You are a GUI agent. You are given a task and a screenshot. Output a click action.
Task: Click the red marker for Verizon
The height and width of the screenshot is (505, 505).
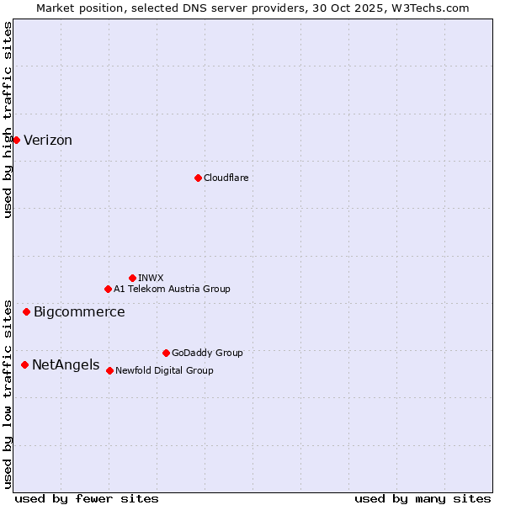(x=16, y=140)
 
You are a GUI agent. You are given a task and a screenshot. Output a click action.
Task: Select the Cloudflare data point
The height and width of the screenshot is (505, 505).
(x=198, y=178)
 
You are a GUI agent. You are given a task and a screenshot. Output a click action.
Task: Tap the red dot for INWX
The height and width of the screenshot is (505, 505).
(x=132, y=278)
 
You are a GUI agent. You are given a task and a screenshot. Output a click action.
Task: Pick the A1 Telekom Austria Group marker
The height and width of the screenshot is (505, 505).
(x=108, y=289)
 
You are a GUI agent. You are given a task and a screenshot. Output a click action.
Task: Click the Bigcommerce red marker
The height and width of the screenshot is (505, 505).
(x=26, y=312)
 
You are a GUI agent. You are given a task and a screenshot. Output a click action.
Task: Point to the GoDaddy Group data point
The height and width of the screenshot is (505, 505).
(x=166, y=353)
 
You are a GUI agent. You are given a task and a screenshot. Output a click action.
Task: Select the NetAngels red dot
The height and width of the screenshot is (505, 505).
(x=24, y=364)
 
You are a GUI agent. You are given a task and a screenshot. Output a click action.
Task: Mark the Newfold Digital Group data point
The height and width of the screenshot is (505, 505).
(x=109, y=370)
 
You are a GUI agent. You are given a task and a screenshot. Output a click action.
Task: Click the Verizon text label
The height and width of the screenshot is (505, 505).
(x=48, y=141)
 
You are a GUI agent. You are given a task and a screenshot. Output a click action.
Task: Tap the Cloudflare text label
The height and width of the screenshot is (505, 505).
(x=226, y=178)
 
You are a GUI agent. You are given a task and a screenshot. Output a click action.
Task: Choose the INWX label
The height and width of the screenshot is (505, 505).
(x=151, y=278)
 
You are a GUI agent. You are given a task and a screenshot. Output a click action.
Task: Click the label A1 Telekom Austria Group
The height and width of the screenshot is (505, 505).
(x=172, y=289)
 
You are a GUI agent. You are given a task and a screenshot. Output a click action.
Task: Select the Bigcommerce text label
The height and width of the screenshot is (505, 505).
(x=79, y=312)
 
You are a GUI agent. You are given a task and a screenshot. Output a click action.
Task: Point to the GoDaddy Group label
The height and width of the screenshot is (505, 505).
(x=207, y=353)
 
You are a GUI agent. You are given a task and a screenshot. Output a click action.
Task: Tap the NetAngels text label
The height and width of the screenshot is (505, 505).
(x=66, y=365)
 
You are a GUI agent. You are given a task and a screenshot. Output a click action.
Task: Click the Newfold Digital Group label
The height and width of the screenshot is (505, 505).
(x=164, y=370)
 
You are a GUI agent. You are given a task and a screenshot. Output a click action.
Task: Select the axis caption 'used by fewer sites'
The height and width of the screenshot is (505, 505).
(x=87, y=498)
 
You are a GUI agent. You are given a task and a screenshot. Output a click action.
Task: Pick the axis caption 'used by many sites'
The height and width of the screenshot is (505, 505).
(x=423, y=498)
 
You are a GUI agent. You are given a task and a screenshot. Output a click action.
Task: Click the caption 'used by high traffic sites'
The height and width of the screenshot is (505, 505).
(x=8, y=120)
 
